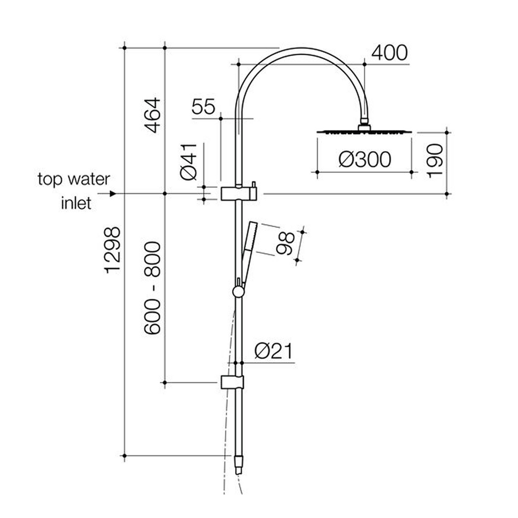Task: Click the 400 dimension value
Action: [389, 53]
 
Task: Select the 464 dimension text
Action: [152, 115]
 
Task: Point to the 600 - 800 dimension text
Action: [152, 288]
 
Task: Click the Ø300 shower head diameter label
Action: [365, 160]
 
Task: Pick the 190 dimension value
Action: [435, 160]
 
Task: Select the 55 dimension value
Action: [203, 107]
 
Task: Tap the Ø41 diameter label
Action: [189, 161]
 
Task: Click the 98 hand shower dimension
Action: [286, 243]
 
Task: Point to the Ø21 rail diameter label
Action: [274, 351]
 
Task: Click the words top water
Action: [73, 179]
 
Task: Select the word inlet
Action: [76, 203]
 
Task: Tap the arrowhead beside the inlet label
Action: [113, 194]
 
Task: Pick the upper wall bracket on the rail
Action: [239, 193]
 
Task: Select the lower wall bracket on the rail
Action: [232, 382]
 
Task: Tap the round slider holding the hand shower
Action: [237, 292]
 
